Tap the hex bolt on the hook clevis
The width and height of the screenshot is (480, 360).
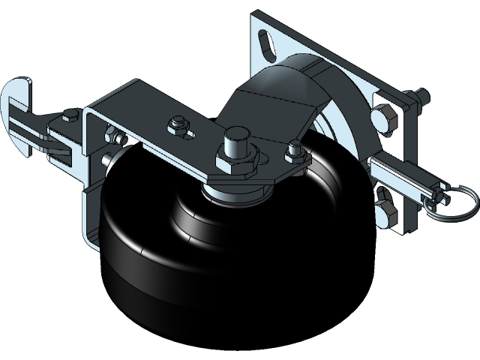[70, 115]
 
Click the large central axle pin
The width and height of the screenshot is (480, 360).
[235, 142]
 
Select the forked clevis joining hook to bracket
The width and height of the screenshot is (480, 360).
[60, 142]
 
